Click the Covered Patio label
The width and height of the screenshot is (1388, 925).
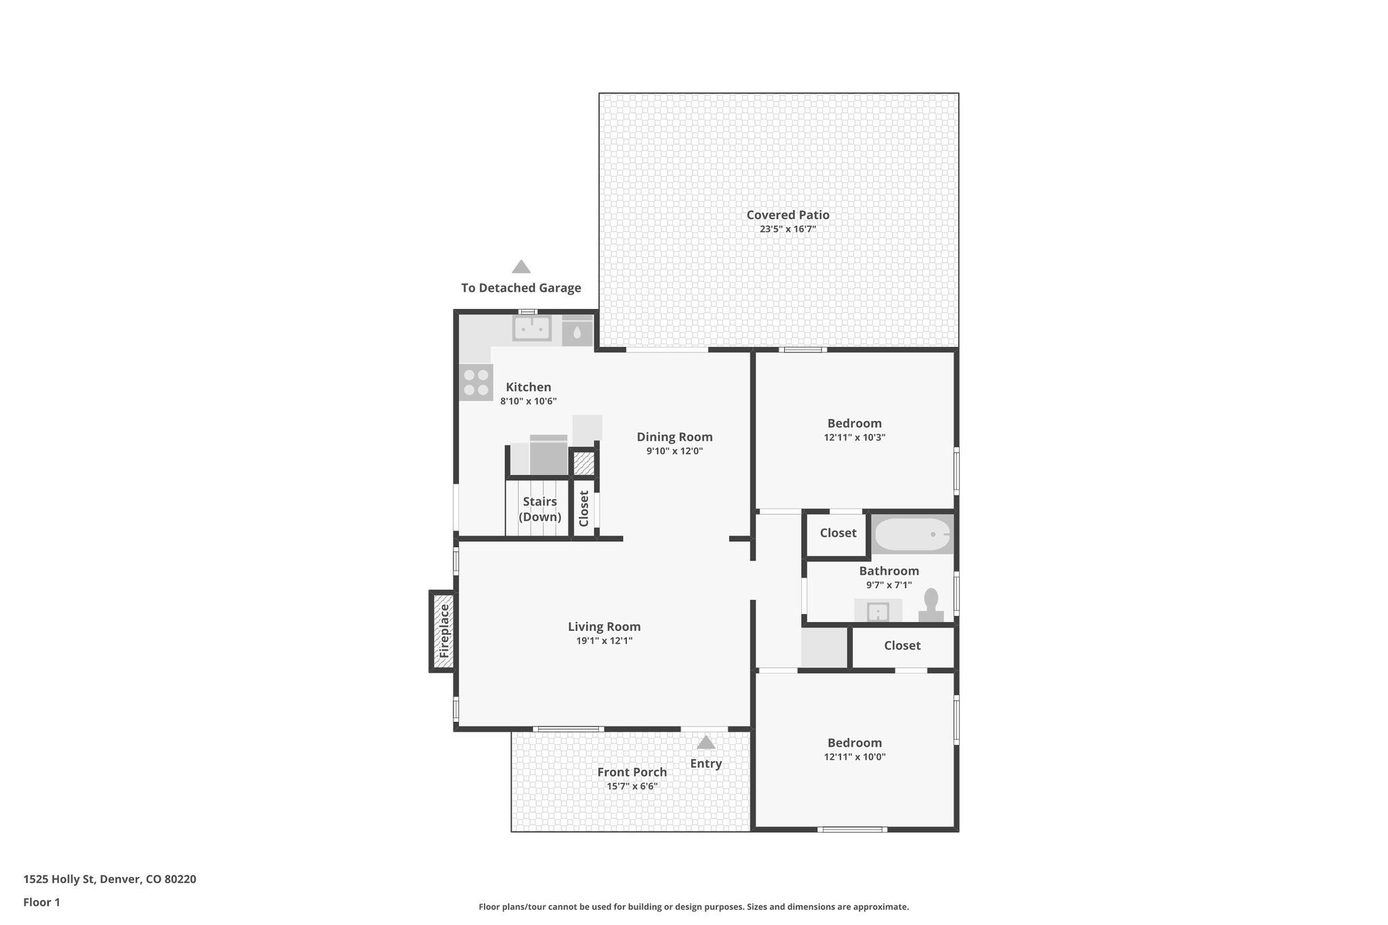[788, 215]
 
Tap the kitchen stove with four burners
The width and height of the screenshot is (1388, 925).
[476, 383]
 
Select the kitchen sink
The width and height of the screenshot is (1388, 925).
[532, 329]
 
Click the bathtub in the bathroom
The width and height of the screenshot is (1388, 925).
[912, 535]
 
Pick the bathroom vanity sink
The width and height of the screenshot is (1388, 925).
[878, 611]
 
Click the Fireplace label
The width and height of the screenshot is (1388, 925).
[444, 631]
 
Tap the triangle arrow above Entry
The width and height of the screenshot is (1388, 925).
[706, 743]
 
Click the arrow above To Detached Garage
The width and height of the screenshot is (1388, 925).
[520, 266]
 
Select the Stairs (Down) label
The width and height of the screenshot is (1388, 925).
[539, 509]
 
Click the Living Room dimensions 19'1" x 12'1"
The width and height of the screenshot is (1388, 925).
[603, 641]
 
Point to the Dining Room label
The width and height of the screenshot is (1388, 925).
[674, 437]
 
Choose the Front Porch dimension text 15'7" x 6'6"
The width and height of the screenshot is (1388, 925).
[632, 787]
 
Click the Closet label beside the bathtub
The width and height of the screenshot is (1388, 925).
[838, 533]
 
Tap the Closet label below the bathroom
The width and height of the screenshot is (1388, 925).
[901, 646]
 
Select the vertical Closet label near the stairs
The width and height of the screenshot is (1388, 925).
[584, 508]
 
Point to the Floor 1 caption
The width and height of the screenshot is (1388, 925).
[41, 903]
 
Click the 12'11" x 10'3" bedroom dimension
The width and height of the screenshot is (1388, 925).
[854, 438]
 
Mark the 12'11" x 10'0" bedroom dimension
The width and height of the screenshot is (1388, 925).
[854, 758]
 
